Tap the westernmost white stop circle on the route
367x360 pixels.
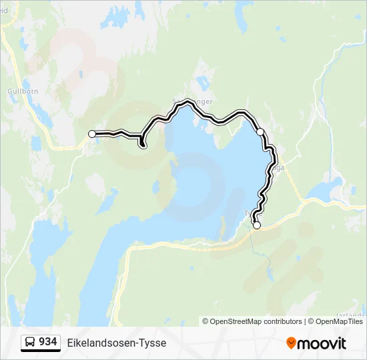click(x=92, y=134)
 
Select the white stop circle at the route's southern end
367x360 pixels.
click(x=256, y=225)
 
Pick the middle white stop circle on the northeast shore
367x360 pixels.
click(x=260, y=132)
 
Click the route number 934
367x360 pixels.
click(x=47, y=342)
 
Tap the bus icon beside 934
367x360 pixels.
click(x=30, y=343)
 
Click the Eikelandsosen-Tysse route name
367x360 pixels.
click(x=116, y=343)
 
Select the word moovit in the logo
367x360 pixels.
click(x=322, y=343)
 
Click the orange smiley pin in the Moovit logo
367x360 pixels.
click(x=291, y=343)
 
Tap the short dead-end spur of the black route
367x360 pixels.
click(x=142, y=142)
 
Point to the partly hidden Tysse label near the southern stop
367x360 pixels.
click(x=249, y=214)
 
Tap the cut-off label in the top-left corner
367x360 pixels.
click(x=3, y=10)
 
